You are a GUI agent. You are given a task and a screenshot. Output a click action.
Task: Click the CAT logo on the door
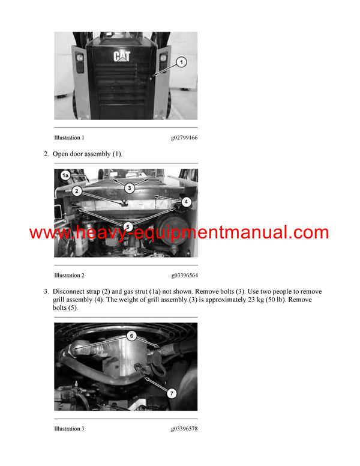121,56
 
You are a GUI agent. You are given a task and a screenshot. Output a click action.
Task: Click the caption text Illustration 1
69,138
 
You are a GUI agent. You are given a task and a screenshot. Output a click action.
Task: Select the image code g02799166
184,138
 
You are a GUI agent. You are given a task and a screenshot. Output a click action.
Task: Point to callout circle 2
77,191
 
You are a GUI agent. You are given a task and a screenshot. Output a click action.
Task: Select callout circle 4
186,202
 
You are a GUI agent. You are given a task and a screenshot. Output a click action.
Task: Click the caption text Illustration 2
69,276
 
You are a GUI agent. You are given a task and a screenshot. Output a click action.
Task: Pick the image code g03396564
184,276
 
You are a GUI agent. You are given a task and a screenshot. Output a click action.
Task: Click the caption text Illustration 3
69,429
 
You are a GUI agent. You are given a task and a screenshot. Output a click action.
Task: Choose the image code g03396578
184,429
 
